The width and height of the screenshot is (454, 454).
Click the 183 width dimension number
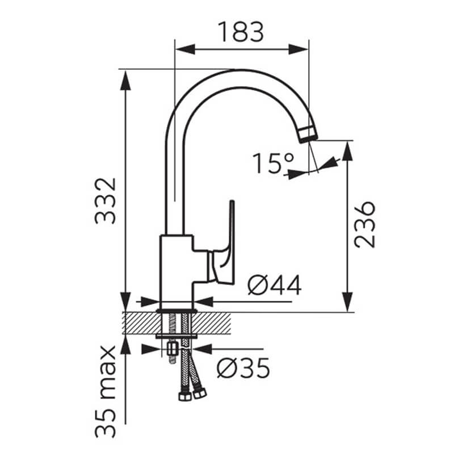241,32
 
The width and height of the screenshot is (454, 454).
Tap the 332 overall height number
106,201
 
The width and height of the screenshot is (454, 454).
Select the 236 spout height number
365,224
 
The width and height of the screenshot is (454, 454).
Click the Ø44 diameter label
275,285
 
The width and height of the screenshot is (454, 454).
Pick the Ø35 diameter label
243,368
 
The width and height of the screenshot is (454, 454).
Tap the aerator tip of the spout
308,134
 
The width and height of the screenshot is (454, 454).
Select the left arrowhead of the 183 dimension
185,49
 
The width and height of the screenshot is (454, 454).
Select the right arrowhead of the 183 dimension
299,49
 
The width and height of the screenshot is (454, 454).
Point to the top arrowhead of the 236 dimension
347,151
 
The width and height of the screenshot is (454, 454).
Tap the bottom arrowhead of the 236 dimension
347,302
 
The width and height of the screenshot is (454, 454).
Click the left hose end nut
185,396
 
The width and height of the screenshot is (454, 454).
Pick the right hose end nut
200,393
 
